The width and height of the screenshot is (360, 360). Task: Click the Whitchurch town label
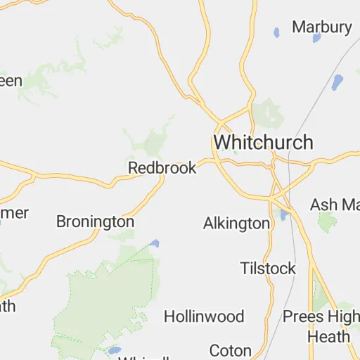pos(263,141)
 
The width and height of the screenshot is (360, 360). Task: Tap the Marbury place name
pos(321,27)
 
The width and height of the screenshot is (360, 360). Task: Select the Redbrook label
pos(162,168)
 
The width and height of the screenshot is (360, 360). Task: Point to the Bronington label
pos(95,221)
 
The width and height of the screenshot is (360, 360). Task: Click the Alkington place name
pos(236,224)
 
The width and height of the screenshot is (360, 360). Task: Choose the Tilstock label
pos(267,269)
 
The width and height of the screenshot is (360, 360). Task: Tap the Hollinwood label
pos(204,316)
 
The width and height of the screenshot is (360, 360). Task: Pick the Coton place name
pos(231,350)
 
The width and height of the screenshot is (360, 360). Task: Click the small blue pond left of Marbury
pos(276,32)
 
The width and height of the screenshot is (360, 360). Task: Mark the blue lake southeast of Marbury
pos(337,82)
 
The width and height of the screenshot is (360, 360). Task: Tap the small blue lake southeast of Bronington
pos(154,244)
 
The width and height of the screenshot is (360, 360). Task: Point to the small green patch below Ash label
pos(327,222)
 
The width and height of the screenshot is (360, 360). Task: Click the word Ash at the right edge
pos(323,205)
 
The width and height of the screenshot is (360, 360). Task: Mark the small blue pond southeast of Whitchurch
pos(284,214)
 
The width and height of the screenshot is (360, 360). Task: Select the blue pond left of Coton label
pos(114,350)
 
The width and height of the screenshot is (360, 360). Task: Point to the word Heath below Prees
pos(328,336)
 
